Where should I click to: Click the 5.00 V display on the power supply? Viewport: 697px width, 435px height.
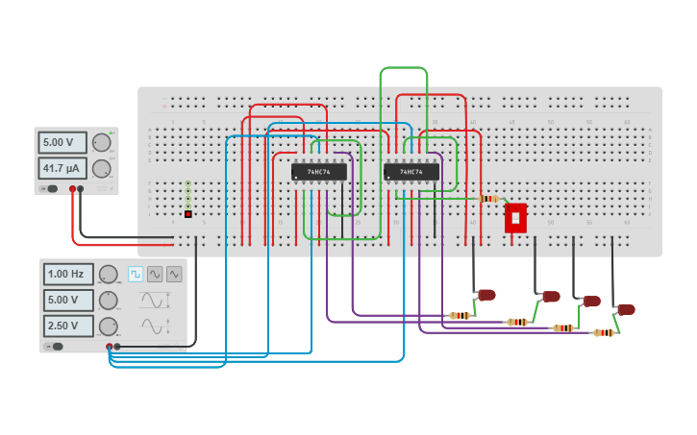tap(62, 142)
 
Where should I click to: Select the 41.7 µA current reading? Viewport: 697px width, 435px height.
tap(62, 168)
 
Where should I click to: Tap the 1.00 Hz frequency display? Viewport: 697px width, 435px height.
tap(68, 274)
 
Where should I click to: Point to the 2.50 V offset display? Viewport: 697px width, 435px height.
tap(68, 326)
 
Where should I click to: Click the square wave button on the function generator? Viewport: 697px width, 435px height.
tap(136, 274)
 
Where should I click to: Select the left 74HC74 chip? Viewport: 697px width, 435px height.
tap(318, 172)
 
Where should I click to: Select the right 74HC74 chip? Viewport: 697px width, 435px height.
tap(411, 172)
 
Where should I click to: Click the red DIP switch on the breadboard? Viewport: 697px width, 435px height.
tap(515, 217)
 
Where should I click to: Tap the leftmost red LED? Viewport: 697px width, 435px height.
tap(486, 294)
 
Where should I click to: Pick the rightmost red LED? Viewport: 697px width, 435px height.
tap(626, 309)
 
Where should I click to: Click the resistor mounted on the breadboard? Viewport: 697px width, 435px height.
tap(489, 199)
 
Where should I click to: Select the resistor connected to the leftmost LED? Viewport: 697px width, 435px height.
tap(461, 315)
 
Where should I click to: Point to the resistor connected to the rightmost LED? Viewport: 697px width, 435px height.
tap(604, 332)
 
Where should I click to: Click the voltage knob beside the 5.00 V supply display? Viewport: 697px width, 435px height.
tap(101, 142)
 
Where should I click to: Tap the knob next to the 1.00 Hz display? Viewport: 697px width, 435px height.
tap(109, 274)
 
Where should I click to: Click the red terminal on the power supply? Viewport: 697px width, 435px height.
tap(72, 189)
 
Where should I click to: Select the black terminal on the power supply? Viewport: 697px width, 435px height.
tap(81, 189)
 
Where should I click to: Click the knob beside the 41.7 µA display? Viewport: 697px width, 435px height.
tap(101, 168)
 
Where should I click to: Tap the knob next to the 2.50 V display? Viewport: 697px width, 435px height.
tap(109, 326)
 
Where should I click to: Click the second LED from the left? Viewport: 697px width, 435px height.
tap(551, 296)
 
